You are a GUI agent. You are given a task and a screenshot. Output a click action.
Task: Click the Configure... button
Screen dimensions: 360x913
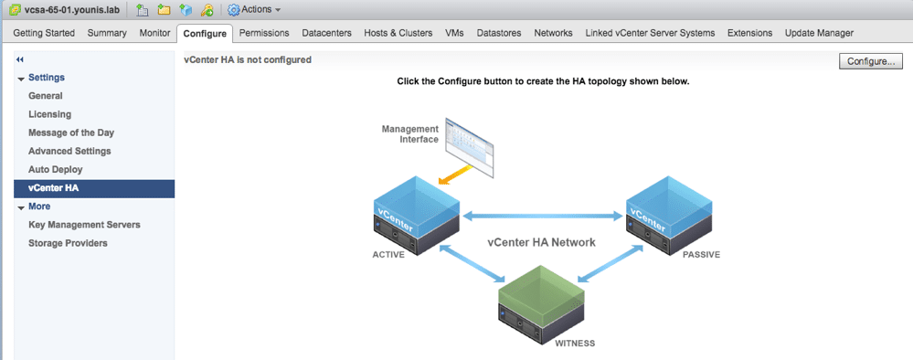click(871, 61)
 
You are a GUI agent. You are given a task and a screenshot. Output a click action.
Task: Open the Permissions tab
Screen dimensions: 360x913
click(263, 33)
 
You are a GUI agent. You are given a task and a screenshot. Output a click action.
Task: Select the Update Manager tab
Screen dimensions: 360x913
click(819, 33)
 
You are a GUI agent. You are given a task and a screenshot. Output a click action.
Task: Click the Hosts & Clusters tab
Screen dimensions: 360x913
click(398, 33)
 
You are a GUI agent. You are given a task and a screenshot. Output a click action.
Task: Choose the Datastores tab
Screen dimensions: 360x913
click(499, 33)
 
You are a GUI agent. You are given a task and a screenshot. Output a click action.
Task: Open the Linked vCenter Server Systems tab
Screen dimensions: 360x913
click(650, 33)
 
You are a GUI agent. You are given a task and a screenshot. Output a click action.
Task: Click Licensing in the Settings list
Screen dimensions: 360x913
click(49, 114)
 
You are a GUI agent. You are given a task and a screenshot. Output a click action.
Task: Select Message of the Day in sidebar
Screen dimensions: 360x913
click(70, 132)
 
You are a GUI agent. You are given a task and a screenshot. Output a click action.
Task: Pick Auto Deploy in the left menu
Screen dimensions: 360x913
click(56, 169)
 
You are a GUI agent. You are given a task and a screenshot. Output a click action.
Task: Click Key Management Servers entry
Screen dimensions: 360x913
click(84, 224)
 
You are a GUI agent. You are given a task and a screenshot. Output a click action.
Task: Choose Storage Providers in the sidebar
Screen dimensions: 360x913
click(68, 243)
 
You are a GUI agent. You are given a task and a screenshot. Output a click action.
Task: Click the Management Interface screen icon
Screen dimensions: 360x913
click(468, 146)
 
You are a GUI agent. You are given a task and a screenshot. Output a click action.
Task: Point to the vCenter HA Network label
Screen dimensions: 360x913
click(540, 242)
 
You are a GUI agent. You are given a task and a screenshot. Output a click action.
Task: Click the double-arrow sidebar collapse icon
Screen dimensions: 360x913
click(20, 59)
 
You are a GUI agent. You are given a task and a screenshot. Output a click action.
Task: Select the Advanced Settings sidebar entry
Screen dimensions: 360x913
click(69, 151)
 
